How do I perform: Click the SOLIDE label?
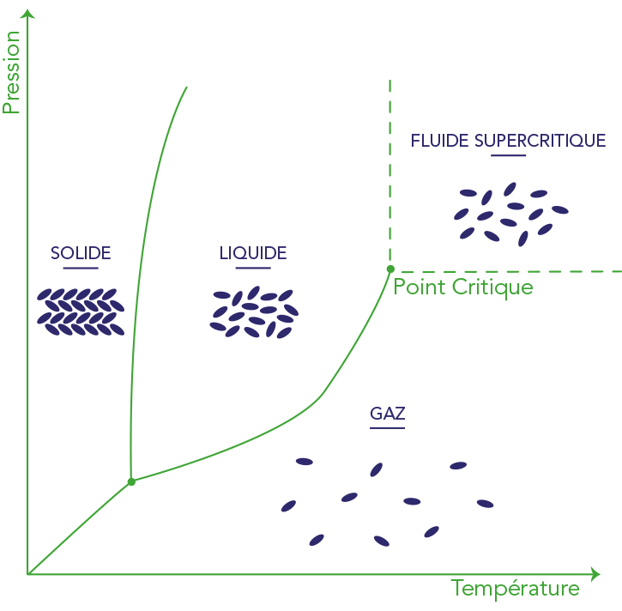81,253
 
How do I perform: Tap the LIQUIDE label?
253,253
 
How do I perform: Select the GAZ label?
388,414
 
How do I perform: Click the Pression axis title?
11,72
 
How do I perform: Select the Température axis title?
515,589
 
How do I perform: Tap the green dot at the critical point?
390,269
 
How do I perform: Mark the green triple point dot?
131,481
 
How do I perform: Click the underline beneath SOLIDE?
81,269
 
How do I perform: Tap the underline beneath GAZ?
388,428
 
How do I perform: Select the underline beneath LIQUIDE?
253,269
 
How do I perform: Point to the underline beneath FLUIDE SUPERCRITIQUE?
508,155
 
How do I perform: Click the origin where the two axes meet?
28,572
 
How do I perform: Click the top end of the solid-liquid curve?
186,88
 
